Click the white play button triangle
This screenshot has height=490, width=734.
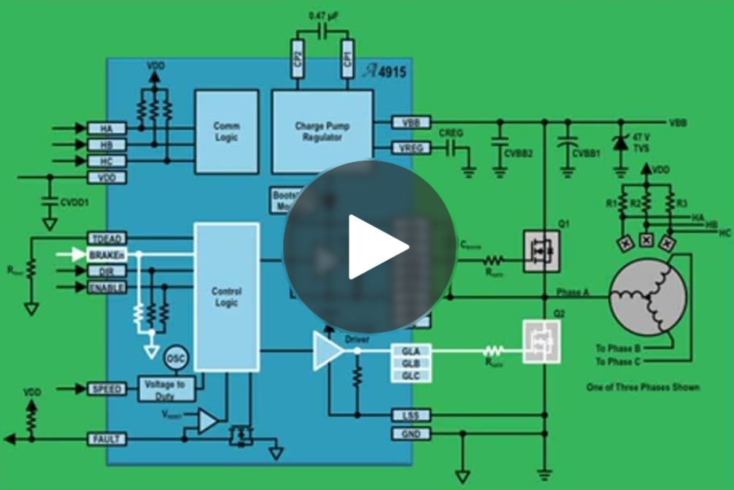(375, 247)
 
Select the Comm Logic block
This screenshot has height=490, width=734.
(226, 131)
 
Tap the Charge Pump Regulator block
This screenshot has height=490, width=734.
(322, 131)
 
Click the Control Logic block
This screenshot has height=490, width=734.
(226, 296)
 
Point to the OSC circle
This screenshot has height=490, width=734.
(175, 359)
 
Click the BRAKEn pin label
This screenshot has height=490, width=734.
(106, 255)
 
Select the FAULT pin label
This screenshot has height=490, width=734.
(106, 439)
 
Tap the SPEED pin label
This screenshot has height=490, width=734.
(106, 389)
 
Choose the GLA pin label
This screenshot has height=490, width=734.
(411, 351)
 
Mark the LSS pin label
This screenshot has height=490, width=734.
(411, 416)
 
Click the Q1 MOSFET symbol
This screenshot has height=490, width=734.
(541, 251)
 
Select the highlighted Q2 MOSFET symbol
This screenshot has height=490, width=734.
(541, 341)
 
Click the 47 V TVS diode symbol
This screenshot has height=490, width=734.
(620, 142)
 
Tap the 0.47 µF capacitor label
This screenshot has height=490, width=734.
(322, 15)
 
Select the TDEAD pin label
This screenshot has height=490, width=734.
(106, 239)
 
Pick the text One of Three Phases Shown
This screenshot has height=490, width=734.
(643, 387)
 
